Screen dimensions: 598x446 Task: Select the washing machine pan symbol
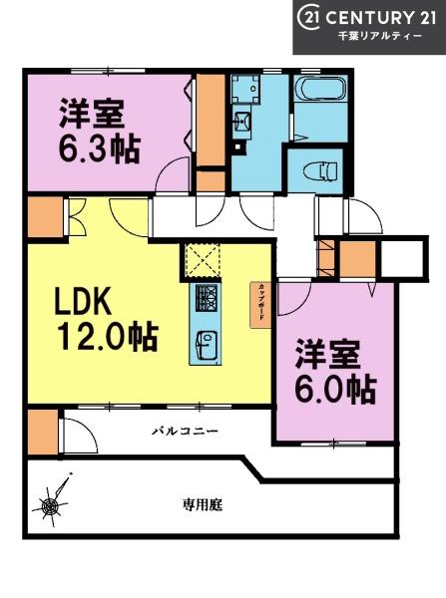(244, 93)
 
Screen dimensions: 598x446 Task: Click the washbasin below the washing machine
(242, 126)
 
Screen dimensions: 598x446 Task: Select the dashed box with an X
(207, 260)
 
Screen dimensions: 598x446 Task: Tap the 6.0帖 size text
(334, 389)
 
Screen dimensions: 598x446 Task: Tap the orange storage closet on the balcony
(41, 429)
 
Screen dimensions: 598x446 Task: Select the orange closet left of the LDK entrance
(43, 216)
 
